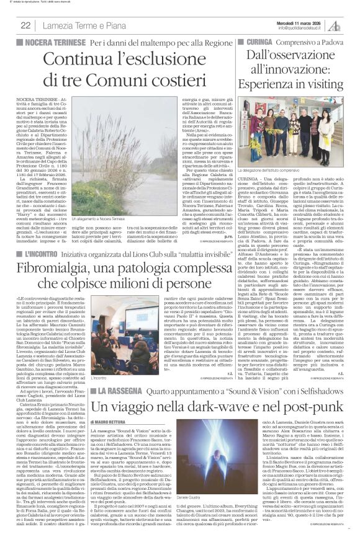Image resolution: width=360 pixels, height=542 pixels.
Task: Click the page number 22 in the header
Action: (x=26, y=25)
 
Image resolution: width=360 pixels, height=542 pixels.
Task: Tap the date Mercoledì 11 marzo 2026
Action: (x=305, y=21)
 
